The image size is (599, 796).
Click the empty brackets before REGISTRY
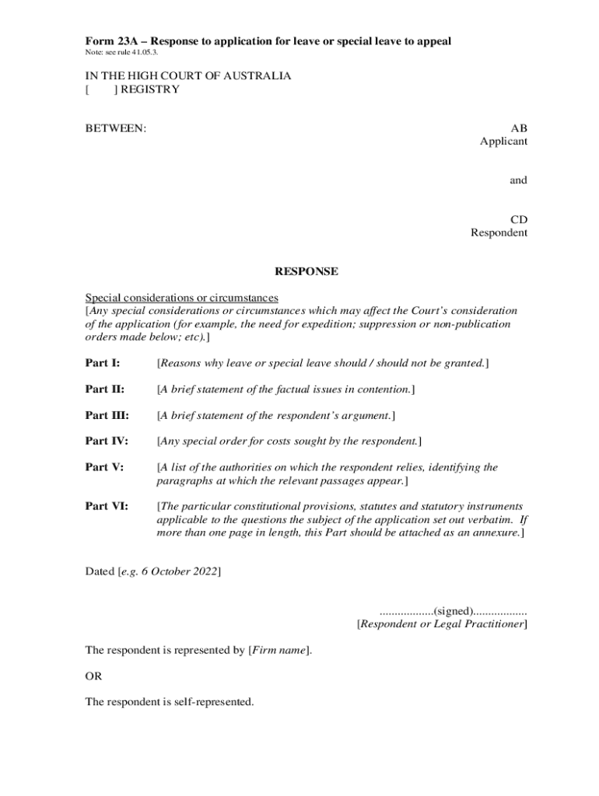[x=100, y=89]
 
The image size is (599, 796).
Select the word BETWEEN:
[x=115, y=128]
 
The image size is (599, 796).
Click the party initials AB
[x=518, y=128]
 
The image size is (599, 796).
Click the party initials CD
[x=518, y=220]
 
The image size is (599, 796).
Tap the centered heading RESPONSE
[x=306, y=272]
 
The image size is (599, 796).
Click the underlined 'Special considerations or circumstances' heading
[x=181, y=298]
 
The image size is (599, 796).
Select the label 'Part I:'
[x=102, y=363]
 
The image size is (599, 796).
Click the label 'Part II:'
[x=104, y=389]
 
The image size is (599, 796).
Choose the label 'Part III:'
[x=107, y=416]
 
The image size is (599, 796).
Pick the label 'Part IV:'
[x=106, y=442]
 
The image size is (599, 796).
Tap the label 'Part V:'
[x=103, y=468]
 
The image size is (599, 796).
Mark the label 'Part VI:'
[x=106, y=505]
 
